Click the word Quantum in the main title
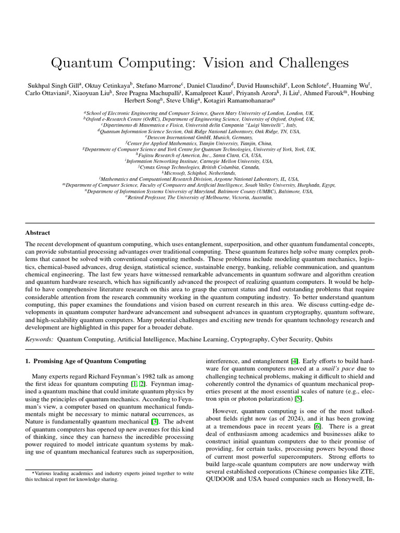pos(83,63)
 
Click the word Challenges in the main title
pos(304,63)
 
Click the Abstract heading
pos(38,233)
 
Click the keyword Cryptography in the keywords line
pos(243,339)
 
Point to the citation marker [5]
pos(298,398)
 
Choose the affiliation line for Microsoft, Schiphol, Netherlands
pos(199,173)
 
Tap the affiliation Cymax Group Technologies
pos(199,167)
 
